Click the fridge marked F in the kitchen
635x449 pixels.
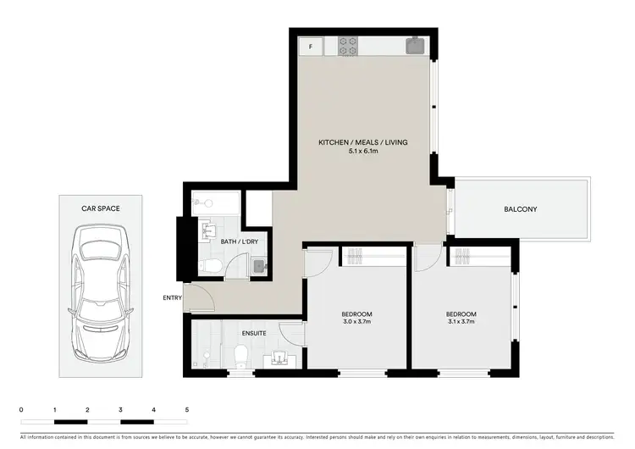tap(310, 47)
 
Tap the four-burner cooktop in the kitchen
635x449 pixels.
tap(348, 47)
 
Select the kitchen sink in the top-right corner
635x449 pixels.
tap(416, 46)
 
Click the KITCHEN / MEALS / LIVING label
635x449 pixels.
tap(362, 142)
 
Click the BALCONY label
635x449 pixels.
tap(520, 209)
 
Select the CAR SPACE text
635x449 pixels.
tap(101, 208)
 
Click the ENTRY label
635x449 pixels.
tap(174, 297)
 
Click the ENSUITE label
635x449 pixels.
tap(253, 333)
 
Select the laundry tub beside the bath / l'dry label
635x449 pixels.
tap(259, 267)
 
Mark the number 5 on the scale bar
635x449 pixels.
tap(187, 410)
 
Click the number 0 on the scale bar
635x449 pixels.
tap(21, 410)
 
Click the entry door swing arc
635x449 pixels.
tap(200, 298)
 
